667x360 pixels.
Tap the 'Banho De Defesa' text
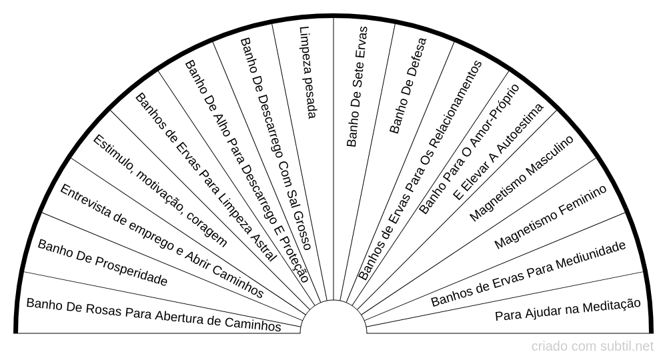point(408,85)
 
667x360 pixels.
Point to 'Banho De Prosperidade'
point(102,263)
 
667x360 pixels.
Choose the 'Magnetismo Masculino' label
point(521,179)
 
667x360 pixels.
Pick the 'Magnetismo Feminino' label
point(550,217)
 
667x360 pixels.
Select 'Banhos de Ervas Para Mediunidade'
point(528,273)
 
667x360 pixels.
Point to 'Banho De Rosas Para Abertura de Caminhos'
point(153,314)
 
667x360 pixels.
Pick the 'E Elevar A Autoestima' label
point(498,151)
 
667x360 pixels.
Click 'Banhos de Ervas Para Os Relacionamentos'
point(420,170)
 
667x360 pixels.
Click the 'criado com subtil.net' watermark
point(592,346)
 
